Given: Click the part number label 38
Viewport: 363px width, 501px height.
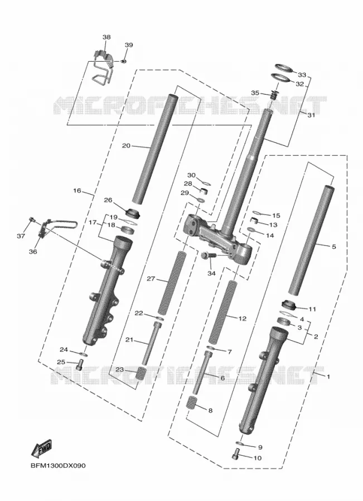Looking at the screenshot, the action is (x=107, y=37).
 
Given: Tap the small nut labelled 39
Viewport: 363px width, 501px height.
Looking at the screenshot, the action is (x=123, y=61).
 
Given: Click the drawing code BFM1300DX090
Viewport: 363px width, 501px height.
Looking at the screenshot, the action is (x=58, y=465).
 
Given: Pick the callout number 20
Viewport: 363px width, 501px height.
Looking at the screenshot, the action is (x=126, y=146).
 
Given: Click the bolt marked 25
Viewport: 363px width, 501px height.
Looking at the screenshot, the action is (x=80, y=364).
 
